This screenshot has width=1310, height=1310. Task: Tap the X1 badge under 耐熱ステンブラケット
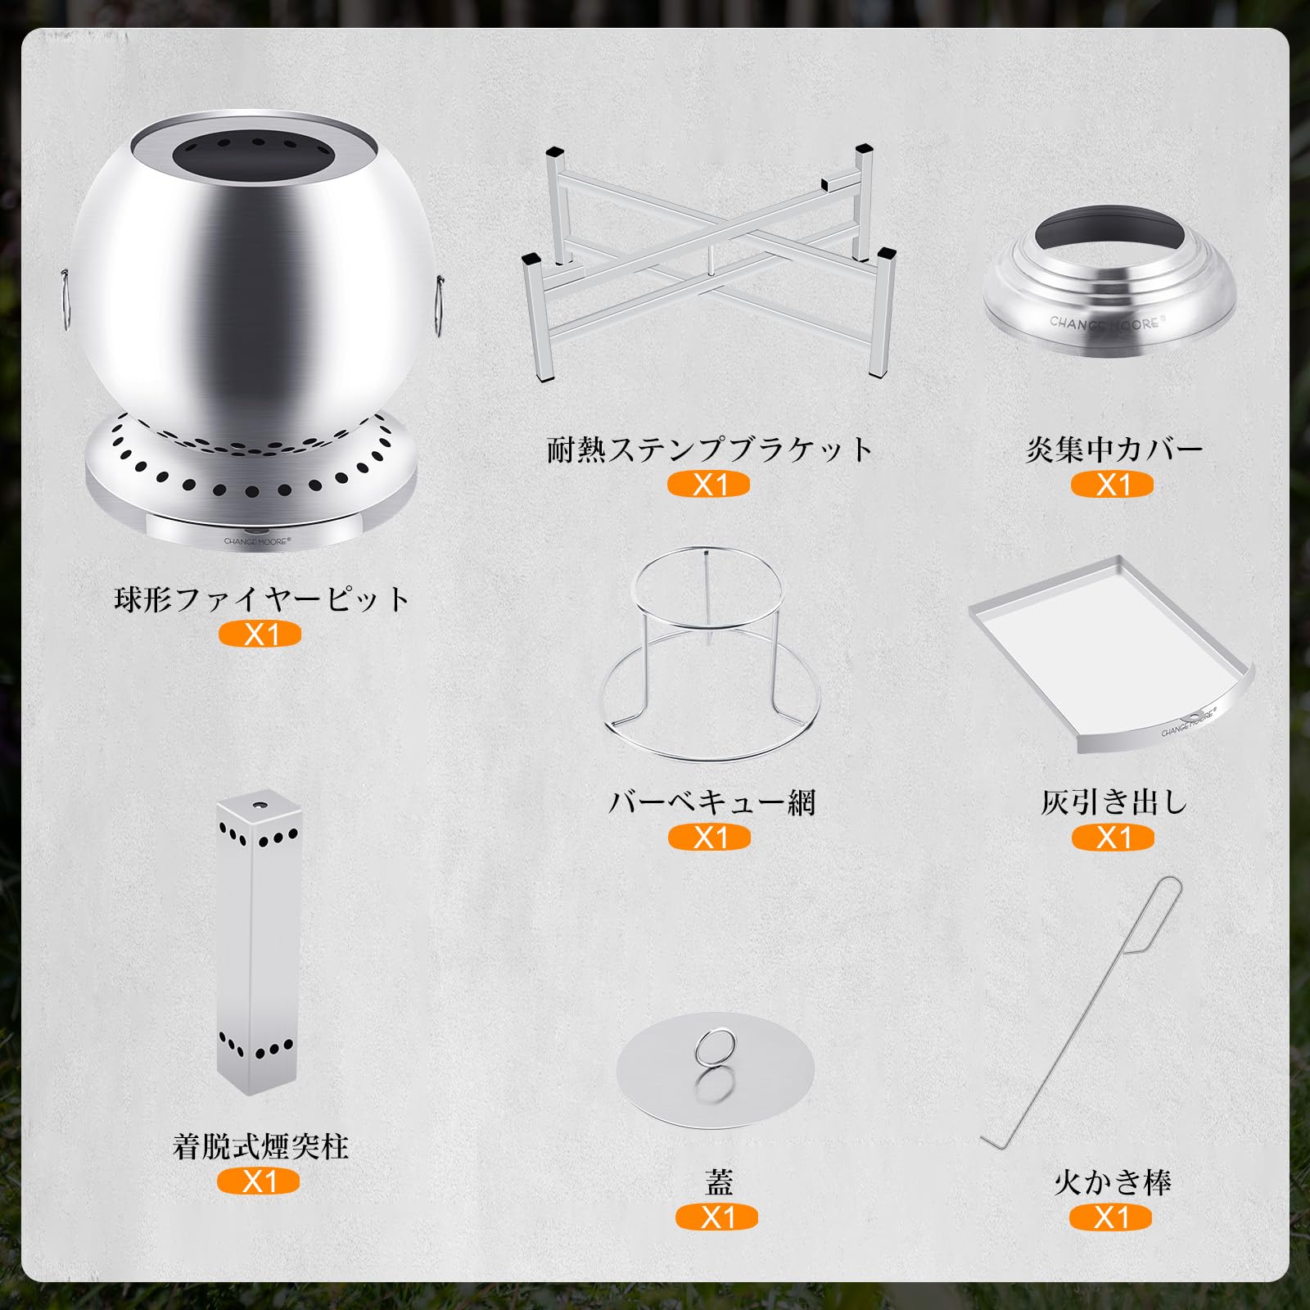click(709, 485)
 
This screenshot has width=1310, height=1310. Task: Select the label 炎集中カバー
click(1113, 449)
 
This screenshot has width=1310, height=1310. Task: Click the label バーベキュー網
click(711, 802)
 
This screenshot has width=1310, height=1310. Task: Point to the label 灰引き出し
click(1113, 802)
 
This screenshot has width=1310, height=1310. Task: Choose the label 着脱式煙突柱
click(260, 1146)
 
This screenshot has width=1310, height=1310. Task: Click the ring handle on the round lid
click(715, 1049)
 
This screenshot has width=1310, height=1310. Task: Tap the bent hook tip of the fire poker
click(991, 1141)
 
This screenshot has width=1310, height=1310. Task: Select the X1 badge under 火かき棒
click(1111, 1217)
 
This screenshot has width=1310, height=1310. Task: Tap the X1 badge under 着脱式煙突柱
click(259, 1181)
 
